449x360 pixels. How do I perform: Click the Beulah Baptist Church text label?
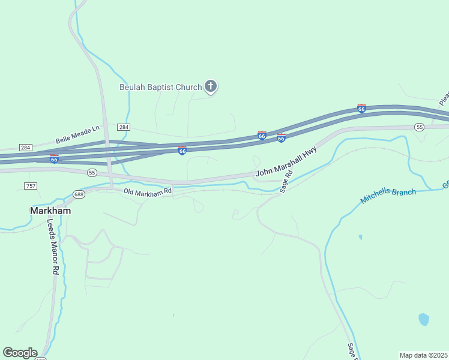pos(160,87)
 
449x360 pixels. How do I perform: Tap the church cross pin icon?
pos(210,86)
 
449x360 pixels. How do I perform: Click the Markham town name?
pos(50,211)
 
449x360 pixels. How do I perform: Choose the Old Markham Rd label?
pos(148,191)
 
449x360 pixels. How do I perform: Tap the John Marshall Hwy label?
pos(286,163)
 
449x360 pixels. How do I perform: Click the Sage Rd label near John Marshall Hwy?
pos(287,181)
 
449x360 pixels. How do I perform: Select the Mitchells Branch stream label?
pos(388,196)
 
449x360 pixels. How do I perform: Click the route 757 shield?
pos(31,186)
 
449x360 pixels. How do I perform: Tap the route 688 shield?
pos(79,194)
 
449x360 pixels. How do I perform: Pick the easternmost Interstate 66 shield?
pos(361,109)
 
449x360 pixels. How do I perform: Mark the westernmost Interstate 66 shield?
pos(54,158)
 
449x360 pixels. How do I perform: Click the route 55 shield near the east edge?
pos(419,127)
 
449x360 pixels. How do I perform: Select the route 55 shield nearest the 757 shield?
pos(92,172)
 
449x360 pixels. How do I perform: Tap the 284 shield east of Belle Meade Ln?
pos(124,127)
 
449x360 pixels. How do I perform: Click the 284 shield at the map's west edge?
pos(25,147)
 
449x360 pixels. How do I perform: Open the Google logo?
pos(20,353)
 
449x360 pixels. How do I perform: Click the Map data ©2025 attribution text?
pos(423,355)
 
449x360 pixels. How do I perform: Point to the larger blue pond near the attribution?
pos(424,319)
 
